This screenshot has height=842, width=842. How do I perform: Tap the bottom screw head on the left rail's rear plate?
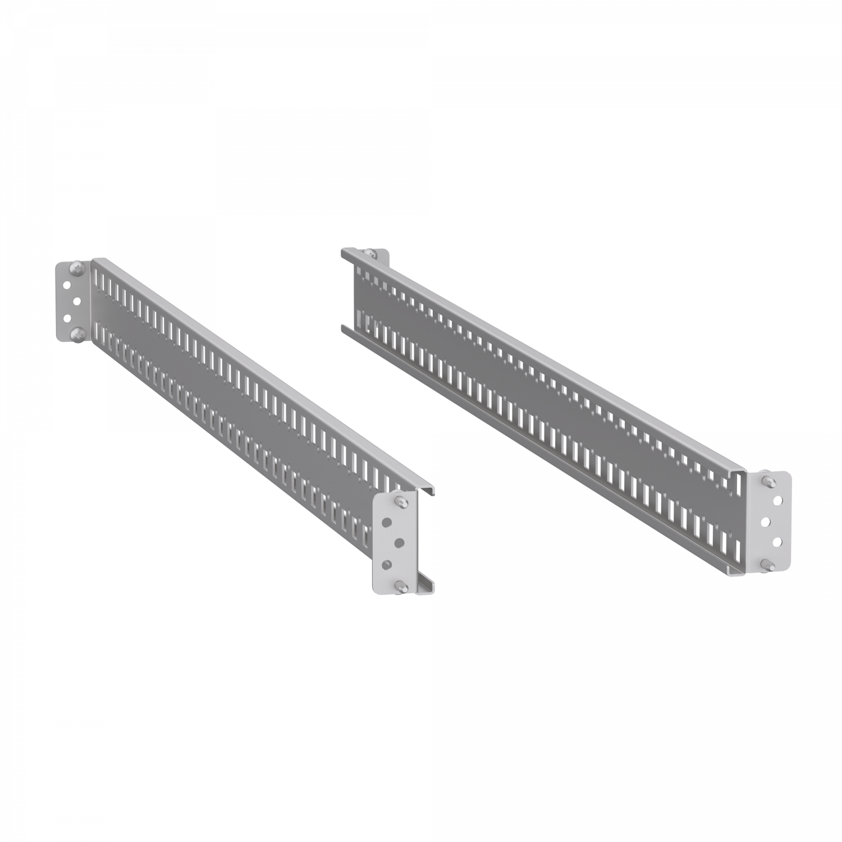click(x=75, y=335)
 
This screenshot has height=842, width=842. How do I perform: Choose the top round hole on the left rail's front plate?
click(x=387, y=522)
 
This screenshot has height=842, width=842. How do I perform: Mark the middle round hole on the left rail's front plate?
click(x=399, y=542)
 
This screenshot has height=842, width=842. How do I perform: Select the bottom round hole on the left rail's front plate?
click(x=387, y=563)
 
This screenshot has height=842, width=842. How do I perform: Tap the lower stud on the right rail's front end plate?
click(x=767, y=564)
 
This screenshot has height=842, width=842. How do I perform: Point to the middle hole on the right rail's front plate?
click(x=766, y=521)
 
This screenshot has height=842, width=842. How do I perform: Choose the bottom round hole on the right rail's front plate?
click(x=778, y=542)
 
